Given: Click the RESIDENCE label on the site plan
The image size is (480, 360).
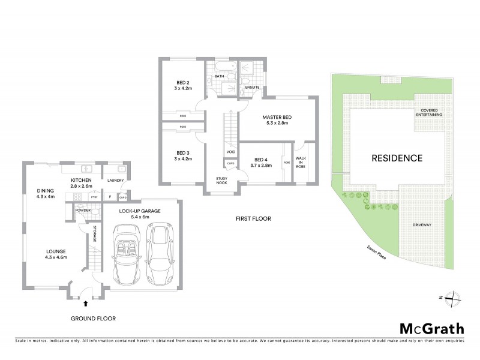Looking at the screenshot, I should (397, 158).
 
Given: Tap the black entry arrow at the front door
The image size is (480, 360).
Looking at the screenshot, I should (85, 304).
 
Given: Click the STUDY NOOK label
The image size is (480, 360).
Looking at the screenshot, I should (223, 182).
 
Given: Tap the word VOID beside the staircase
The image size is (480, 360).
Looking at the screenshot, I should (230, 152).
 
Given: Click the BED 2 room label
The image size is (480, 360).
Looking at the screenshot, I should (183, 86).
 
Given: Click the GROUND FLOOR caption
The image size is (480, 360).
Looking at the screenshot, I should (92, 319).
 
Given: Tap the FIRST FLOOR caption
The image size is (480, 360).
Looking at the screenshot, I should (253, 220).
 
